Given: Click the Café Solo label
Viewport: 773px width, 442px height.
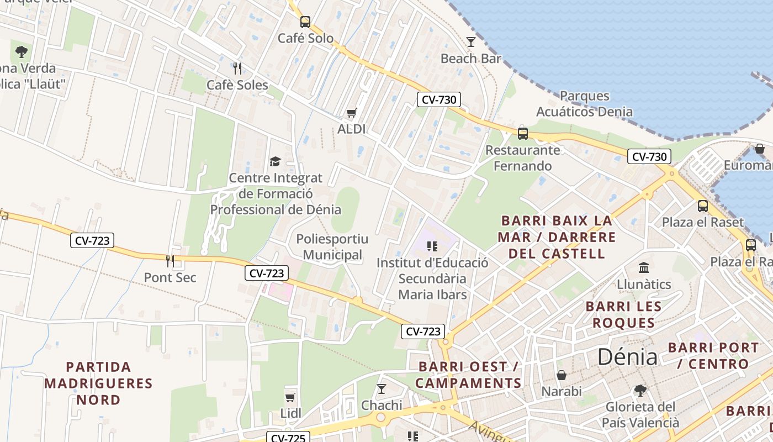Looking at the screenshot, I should coord(305,38).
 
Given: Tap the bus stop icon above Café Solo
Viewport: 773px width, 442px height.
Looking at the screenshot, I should coord(305,22).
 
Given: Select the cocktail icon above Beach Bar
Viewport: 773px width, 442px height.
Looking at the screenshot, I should coord(471,42).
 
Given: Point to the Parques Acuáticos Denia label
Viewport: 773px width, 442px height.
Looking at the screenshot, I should coord(584,104).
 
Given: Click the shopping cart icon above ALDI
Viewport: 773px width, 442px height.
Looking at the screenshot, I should coord(351,113).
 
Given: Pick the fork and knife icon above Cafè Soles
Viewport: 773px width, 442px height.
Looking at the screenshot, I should coord(237,69).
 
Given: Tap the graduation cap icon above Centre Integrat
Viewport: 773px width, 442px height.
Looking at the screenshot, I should coord(275,161).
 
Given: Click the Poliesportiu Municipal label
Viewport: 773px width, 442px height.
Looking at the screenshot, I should coord(332,247).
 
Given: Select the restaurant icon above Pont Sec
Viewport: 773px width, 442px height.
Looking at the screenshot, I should coord(170,261).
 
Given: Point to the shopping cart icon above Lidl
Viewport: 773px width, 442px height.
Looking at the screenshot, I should coord(290,397).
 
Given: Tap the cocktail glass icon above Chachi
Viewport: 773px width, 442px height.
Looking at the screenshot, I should coord(382,389).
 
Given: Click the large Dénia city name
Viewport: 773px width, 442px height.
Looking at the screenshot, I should coord(628,357).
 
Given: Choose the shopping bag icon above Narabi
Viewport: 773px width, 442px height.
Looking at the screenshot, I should coord(562,376).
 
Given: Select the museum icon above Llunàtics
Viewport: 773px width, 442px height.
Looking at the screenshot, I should coord(644,268).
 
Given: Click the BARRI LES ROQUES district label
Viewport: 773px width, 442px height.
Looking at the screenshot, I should coord(623,314).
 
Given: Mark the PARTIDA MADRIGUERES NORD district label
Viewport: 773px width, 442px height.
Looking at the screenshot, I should coord(98,383).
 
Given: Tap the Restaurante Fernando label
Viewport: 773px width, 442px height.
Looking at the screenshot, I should coord(522,158).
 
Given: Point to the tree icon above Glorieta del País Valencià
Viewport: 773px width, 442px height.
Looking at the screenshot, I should coord(640,391).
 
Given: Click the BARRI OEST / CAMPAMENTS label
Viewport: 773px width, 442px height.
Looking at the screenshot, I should coord(468,375).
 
